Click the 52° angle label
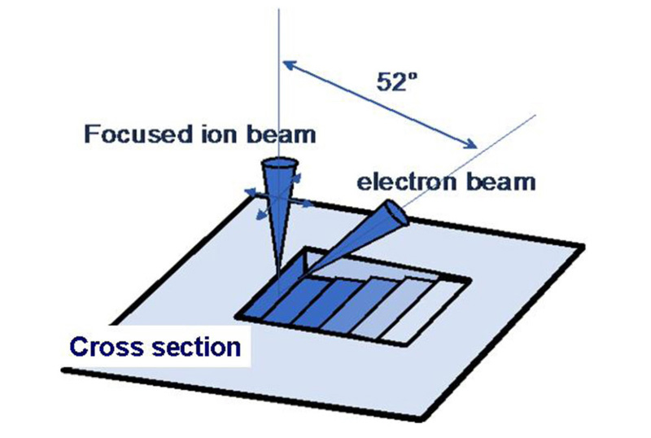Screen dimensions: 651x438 click(396, 81)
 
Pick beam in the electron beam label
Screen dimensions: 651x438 click(500, 182)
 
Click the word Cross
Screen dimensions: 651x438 click(107, 347)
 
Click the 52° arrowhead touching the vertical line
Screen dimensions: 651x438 click(290, 66)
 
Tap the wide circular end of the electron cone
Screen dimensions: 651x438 click(396, 213)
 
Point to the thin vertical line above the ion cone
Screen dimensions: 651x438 click(279, 83)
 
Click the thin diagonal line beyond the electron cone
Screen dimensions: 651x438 click(470, 160)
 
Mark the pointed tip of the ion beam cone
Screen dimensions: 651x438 click(278, 282)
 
